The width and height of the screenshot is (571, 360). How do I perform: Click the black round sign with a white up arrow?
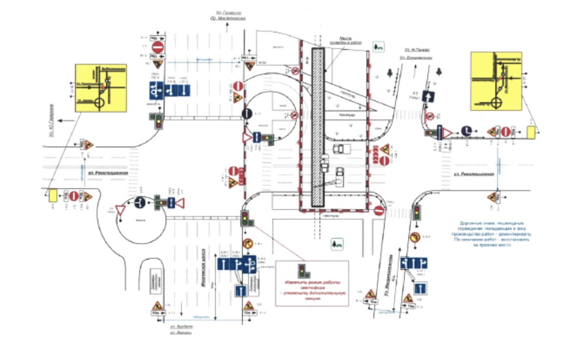(247, 114)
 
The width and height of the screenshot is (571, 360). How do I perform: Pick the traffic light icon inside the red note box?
(304, 269)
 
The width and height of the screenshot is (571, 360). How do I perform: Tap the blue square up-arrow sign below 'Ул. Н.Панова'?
(428, 97)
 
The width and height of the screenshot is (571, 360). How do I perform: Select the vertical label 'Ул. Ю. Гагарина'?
(52, 120)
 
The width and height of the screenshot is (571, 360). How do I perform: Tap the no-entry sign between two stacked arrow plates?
(157, 47)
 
